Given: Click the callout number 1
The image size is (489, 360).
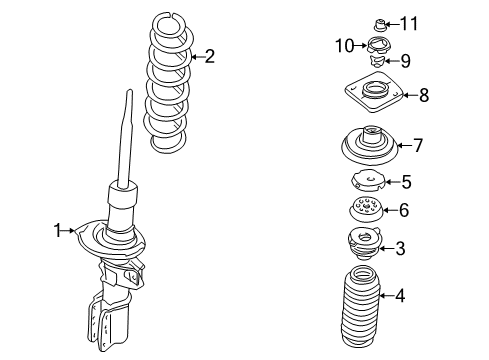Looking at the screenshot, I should (58, 231).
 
